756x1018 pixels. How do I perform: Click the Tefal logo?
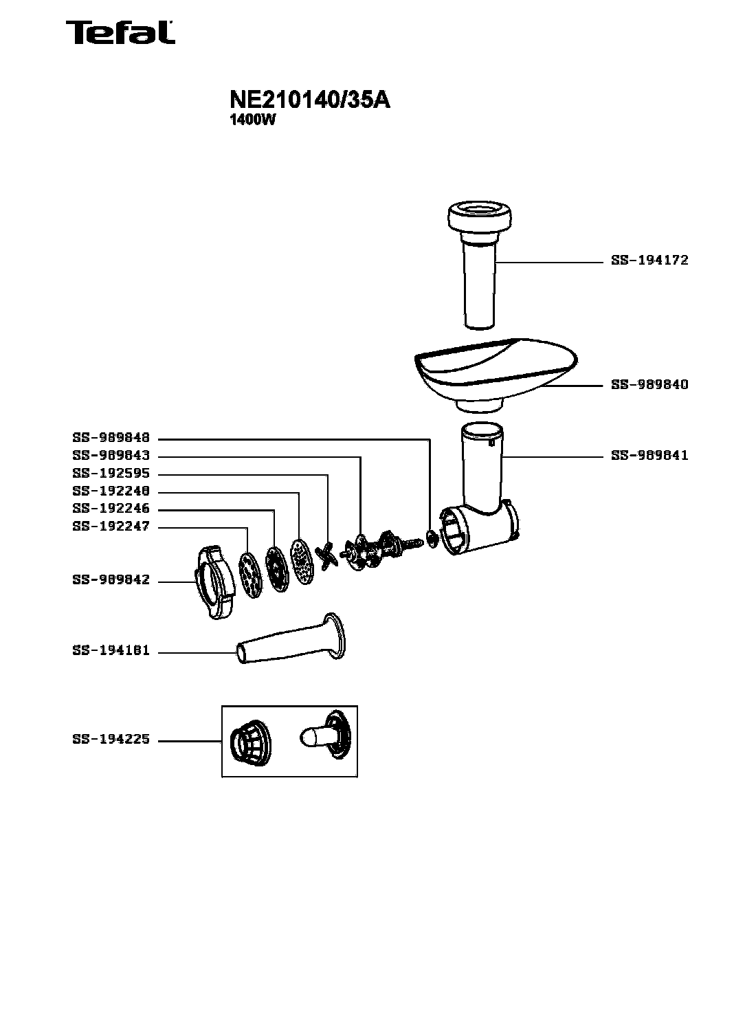(x=120, y=32)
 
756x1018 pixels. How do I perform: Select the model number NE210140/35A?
(x=310, y=100)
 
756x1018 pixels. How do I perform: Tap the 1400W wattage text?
(x=252, y=120)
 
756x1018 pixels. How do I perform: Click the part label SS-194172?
(x=649, y=261)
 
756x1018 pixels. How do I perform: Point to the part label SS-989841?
(x=649, y=455)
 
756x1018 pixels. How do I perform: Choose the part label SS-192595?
(x=111, y=473)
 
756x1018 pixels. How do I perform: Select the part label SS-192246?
(x=111, y=508)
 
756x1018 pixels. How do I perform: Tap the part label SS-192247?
(x=111, y=526)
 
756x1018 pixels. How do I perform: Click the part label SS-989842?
(x=111, y=579)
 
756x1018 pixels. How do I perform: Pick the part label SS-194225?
(x=111, y=739)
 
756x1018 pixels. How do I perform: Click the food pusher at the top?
(x=480, y=265)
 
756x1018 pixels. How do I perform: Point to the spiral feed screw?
(x=381, y=549)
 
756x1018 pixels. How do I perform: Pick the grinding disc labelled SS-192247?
(x=251, y=575)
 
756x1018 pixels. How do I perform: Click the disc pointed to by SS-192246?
(x=278, y=569)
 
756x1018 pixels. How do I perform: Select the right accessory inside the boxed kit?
(x=326, y=734)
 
